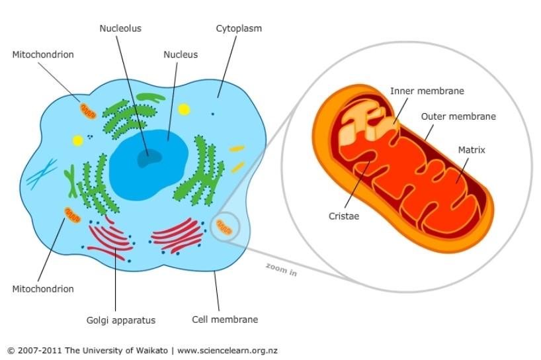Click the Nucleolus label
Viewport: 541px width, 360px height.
[x=120, y=28]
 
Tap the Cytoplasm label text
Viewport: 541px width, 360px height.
[x=239, y=28]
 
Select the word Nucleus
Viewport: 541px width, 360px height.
[x=181, y=54]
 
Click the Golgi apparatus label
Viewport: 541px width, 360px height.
[x=121, y=320]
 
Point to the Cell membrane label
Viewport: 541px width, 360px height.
[x=225, y=320]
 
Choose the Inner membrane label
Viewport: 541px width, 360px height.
[x=427, y=91]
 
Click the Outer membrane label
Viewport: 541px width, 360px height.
[x=458, y=116]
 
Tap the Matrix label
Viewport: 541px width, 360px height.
[x=472, y=150]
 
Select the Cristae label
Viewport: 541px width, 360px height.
[x=343, y=216]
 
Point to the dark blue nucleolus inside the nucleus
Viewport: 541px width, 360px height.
[x=148, y=157]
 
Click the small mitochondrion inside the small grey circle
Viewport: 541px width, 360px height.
[x=226, y=230]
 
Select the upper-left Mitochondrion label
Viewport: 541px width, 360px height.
[x=43, y=54]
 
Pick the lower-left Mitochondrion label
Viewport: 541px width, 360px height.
[x=43, y=289]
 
